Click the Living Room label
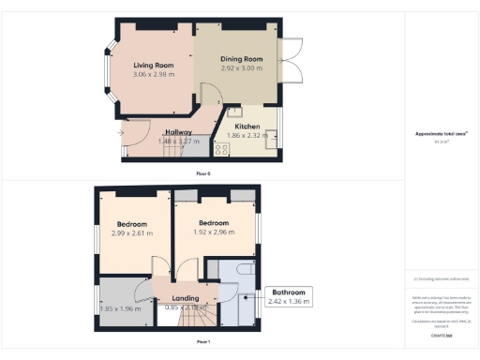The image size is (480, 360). (x=156, y=64)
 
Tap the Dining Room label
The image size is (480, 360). (x=240, y=59)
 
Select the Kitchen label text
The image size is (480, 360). (x=247, y=126)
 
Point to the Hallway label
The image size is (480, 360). (x=178, y=132)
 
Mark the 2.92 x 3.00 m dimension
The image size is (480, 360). (x=240, y=69)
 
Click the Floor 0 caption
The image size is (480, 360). (x=202, y=174)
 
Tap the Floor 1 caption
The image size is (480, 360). (x=202, y=342)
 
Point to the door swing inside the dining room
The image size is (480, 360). (x=212, y=94)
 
